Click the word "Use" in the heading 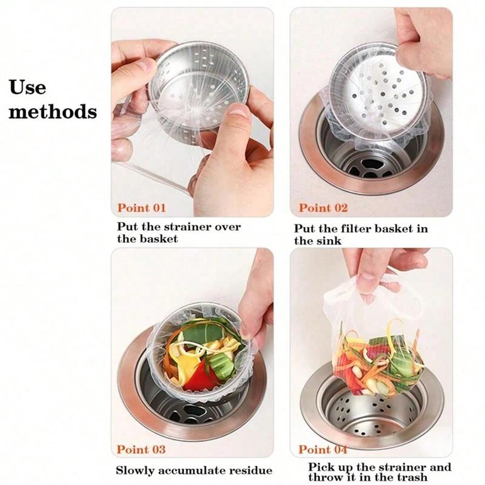click(28, 87)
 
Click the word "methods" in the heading click(53, 112)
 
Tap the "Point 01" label click(141, 208)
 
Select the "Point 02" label click(323, 208)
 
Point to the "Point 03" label click(141, 449)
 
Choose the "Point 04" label click(323, 450)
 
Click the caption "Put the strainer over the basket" click(178, 233)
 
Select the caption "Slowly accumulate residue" click(194, 470)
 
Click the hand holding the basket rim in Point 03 click(258, 303)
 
